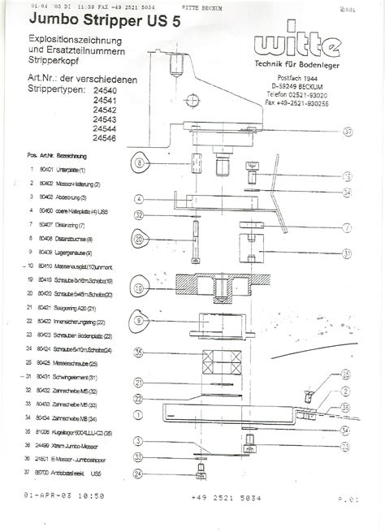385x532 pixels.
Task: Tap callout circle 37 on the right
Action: (348, 131)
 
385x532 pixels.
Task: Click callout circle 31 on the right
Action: (347, 253)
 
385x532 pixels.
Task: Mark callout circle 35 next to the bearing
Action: (139, 352)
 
